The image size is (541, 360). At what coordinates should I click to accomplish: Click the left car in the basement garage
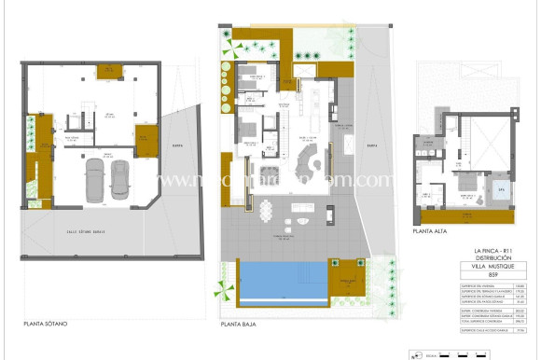tap(95, 179)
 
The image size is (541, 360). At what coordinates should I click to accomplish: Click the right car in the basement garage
tap(119, 179)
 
